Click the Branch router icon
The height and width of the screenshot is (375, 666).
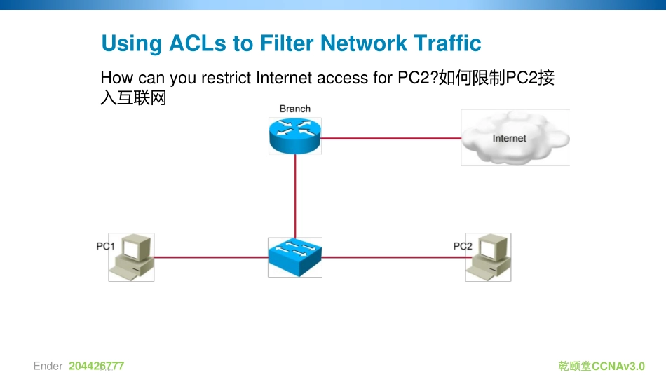click(294, 135)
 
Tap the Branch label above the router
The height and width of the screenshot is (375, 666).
click(294, 109)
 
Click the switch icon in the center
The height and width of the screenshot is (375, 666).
click(294, 257)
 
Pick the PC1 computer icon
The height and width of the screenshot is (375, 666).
click(133, 257)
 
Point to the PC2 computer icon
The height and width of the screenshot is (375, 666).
click(489, 257)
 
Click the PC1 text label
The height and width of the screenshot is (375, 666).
click(105, 246)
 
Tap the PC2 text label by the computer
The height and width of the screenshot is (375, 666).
click(463, 246)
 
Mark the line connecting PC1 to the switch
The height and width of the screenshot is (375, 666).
click(210, 257)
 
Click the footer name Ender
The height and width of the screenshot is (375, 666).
click(48, 366)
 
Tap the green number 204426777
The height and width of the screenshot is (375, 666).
click(96, 366)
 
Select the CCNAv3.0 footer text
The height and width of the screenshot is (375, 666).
click(618, 366)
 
